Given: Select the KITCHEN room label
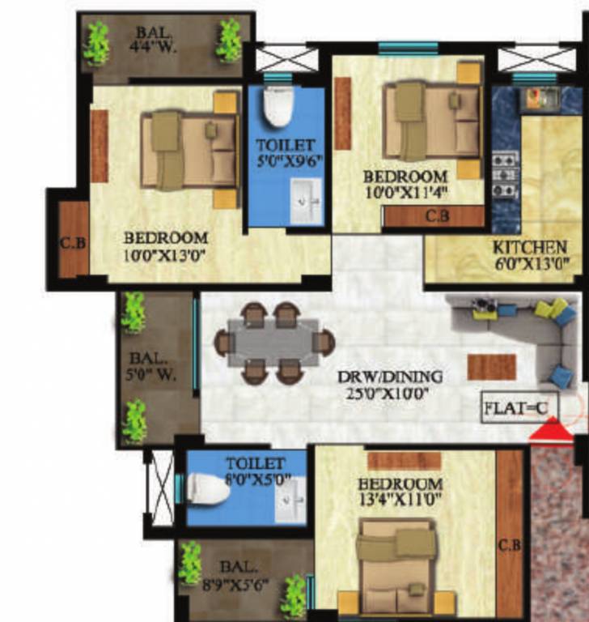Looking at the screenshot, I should click(531, 246).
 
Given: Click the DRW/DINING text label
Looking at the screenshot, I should click(390, 377).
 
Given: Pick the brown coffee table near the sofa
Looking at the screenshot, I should click(491, 366).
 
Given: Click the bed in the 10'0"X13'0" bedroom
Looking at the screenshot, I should click(191, 149).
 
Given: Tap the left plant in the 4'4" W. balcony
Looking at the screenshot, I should click(96, 42).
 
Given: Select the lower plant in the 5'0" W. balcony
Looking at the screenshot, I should click(134, 421).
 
